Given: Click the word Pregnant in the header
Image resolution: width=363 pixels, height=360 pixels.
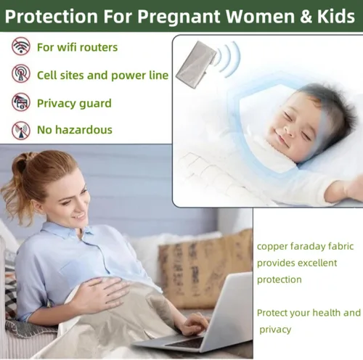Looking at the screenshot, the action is pyautogui.click(x=179, y=16).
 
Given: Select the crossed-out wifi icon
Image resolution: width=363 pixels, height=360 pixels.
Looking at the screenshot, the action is pyautogui.click(x=21, y=46).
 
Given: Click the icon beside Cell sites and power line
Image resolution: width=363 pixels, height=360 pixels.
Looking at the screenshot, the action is pyautogui.click(x=21, y=73).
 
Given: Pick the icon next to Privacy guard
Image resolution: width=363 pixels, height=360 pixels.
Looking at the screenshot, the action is pyautogui.click(x=21, y=102).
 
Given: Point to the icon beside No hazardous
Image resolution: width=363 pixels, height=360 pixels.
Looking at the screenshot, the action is pyautogui.click(x=21, y=131).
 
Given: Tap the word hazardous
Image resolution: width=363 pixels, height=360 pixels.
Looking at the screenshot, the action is pyautogui.click(x=83, y=130).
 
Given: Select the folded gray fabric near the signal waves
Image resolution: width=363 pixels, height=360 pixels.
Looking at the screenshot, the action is pyautogui.click(x=196, y=65).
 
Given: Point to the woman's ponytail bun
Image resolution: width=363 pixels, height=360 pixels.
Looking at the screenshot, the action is pyautogui.click(x=22, y=162).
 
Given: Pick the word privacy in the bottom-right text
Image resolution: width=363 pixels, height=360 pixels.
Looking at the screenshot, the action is pyautogui.click(x=275, y=330).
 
